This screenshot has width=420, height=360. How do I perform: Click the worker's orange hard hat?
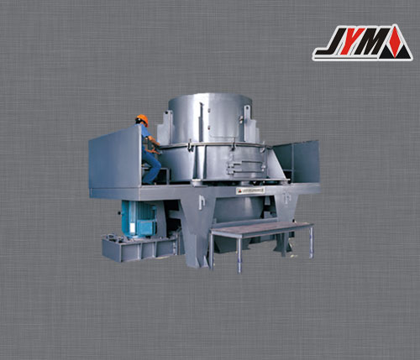142,118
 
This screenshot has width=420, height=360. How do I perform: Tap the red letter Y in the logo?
352,43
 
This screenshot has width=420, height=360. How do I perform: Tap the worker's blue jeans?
151,164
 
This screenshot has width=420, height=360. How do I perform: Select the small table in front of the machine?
260,229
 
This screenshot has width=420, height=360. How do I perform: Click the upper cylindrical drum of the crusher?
209,117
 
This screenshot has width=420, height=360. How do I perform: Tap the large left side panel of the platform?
113,160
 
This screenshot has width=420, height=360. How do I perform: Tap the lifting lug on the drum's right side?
249,109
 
